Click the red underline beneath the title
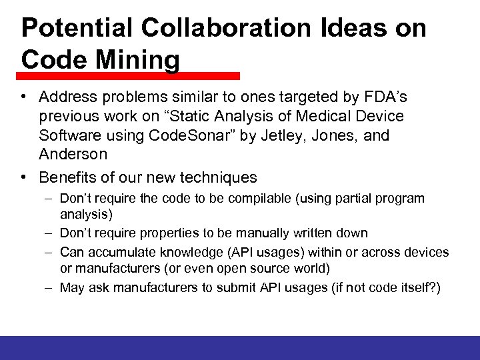pyautogui.click(x=129, y=76)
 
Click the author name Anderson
pyautogui.click(x=73, y=154)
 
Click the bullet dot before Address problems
pyautogui.click(x=23, y=97)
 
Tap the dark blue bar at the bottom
pyautogui.click(x=240, y=347)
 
